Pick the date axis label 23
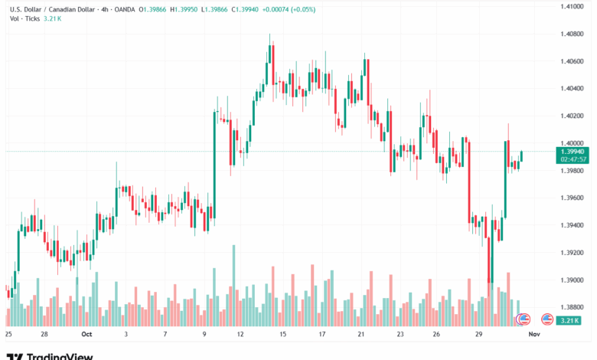(400, 335)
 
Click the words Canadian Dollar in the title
(74, 9)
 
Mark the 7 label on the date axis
(165, 335)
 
